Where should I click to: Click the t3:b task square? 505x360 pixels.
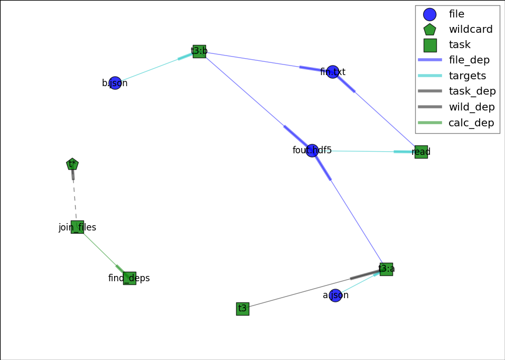click(199, 51)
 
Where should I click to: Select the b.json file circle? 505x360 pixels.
click(115, 83)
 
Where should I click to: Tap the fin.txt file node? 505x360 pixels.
click(332, 72)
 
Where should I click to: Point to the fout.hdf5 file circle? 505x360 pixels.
click(312, 151)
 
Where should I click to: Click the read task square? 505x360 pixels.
click(421, 152)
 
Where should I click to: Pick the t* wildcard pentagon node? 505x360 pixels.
click(72, 164)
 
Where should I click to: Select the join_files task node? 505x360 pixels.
click(77, 227)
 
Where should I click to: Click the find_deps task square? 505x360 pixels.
click(129, 278)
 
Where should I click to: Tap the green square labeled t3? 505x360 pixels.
click(242, 309)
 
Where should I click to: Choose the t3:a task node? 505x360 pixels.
click(386, 269)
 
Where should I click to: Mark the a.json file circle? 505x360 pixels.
click(335, 296)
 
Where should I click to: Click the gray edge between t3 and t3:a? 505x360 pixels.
click(312, 289)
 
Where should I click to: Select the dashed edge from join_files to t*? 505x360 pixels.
click(74, 196)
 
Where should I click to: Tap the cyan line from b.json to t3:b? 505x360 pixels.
click(153, 68)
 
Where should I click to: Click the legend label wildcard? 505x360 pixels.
click(470, 30)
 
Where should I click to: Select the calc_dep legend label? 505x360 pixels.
click(471, 123)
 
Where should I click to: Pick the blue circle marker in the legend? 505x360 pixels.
click(429, 14)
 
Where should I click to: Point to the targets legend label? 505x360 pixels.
click(467, 76)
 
